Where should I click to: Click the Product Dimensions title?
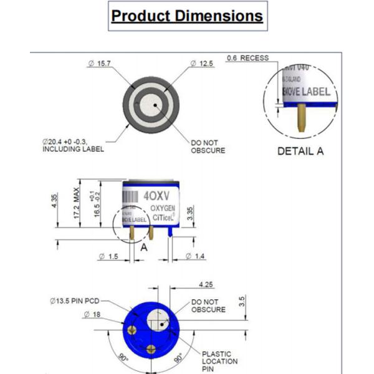pyautogui.click(x=187, y=16)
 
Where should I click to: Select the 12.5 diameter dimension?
pyautogui.click(x=203, y=64)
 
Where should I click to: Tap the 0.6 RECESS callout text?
pyautogui.click(x=247, y=58)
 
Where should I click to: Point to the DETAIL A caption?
pyautogui.click(x=300, y=151)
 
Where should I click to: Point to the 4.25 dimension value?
pyautogui.click(x=206, y=284)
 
